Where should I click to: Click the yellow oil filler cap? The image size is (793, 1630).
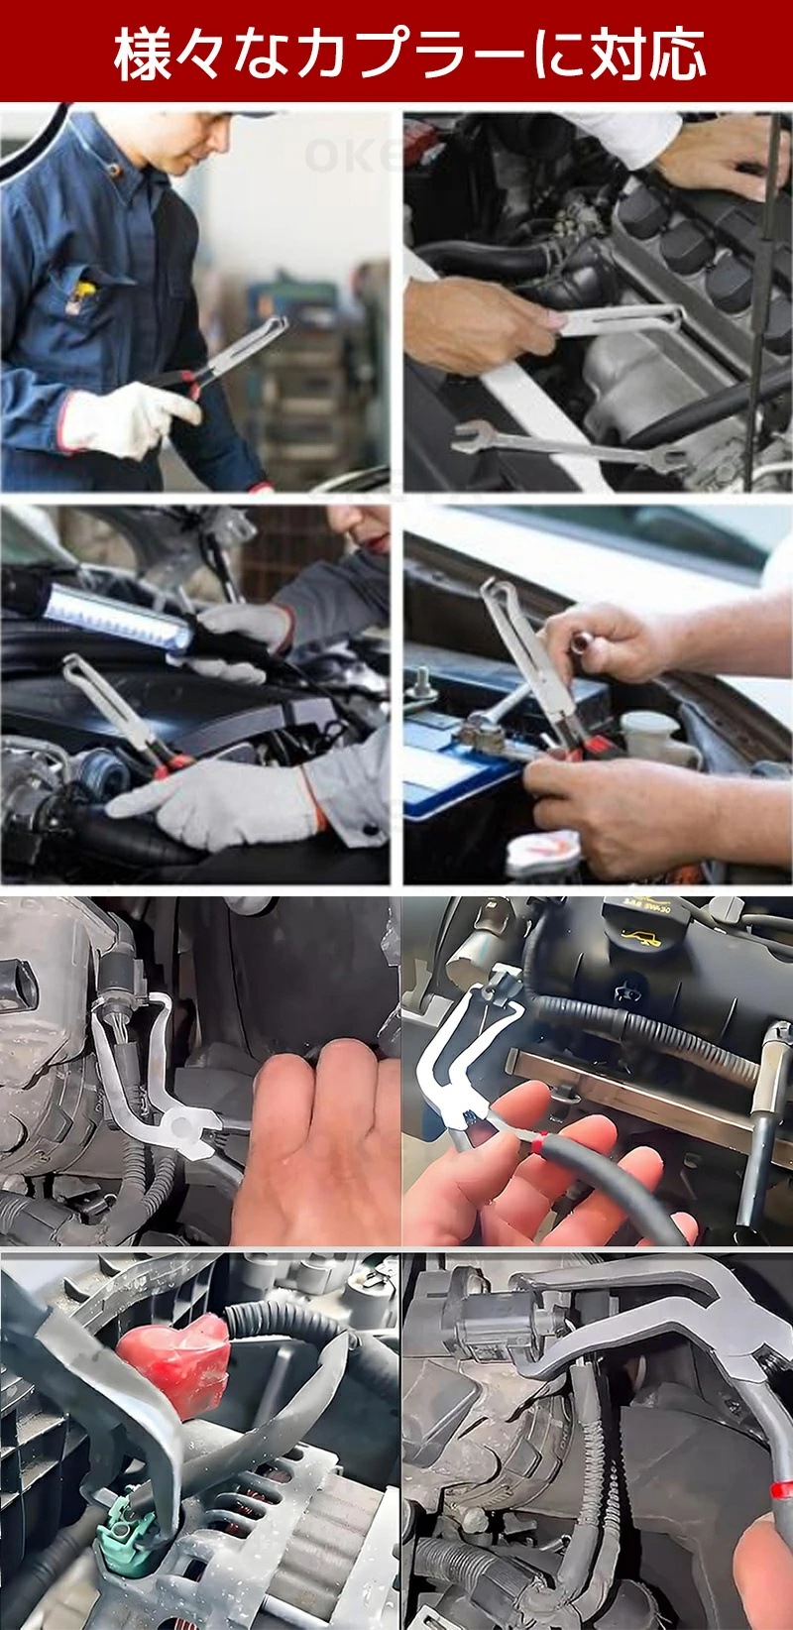click(640, 928)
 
